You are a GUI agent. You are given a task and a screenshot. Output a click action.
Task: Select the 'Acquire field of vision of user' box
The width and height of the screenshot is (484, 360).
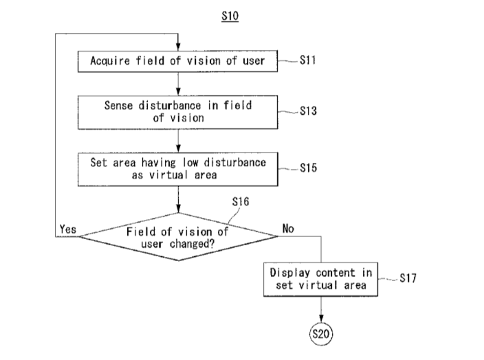[177, 60]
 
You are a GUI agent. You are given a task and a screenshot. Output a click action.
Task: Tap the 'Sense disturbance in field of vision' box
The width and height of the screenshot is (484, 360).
[177, 111]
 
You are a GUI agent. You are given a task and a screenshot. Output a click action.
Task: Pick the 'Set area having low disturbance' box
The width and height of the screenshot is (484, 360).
[177, 169]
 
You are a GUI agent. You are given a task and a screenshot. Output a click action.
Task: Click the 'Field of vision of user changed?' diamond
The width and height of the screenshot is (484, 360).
[177, 236]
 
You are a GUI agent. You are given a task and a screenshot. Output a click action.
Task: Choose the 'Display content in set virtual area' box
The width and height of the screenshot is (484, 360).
[321, 279]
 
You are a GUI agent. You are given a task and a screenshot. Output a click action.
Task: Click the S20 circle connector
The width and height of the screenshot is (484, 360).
[321, 335]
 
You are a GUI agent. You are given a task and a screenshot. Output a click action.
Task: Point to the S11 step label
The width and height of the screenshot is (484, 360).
[308, 60]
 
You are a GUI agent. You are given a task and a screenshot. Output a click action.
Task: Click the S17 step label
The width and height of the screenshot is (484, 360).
[409, 279]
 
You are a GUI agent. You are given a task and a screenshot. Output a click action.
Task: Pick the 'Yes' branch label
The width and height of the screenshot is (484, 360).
[68, 229]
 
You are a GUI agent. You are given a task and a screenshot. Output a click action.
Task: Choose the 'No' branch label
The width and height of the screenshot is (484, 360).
[289, 229]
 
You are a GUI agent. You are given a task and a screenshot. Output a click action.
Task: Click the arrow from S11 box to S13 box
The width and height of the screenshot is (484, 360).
[178, 82]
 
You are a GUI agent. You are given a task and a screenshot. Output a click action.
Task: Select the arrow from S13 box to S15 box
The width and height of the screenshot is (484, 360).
[178, 139]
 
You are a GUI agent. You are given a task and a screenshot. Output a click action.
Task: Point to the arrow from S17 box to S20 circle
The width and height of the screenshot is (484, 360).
[321, 309]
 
